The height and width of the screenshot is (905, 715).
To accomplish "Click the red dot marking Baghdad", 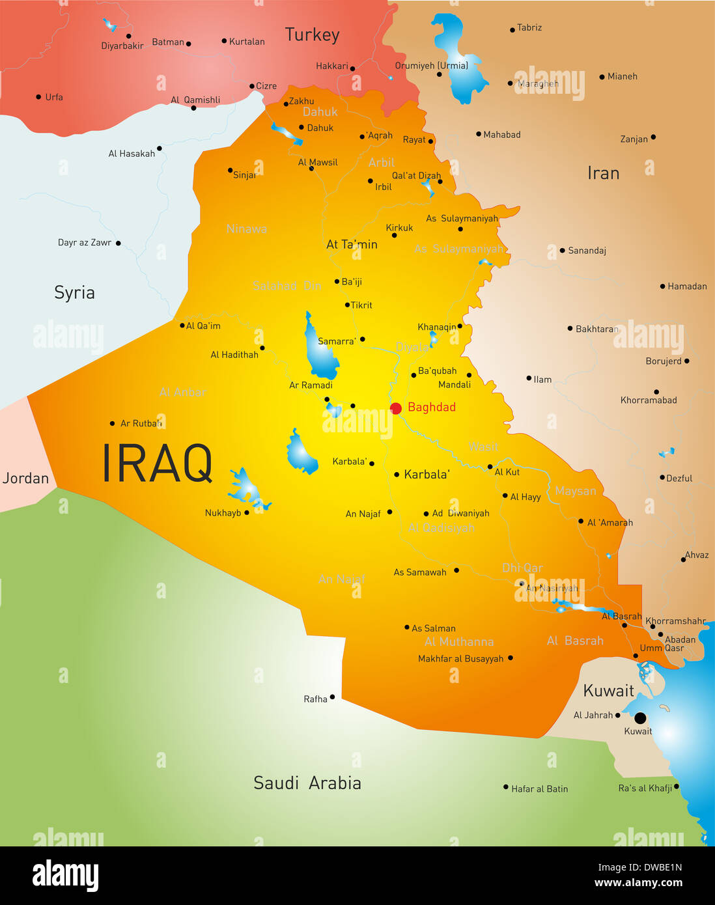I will (x=395, y=408).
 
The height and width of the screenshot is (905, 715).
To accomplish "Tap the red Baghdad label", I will (x=431, y=407).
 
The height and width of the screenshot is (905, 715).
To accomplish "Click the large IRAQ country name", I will (x=157, y=464).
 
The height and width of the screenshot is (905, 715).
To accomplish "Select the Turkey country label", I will (x=312, y=35).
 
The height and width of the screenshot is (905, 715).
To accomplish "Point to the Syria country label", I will (x=74, y=292).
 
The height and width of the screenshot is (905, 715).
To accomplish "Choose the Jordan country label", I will (x=25, y=478).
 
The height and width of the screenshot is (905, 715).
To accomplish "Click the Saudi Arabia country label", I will (x=307, y=783).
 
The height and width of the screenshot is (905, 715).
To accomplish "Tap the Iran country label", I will (x=603, y=173).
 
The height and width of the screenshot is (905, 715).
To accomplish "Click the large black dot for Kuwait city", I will (x=640, y=718).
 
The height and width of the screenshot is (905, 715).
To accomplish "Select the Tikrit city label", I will (x=361, y=305).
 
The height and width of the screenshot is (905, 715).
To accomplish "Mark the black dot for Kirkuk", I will (x=394, y=235).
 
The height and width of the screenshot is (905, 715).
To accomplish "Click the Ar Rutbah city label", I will (x=141, y=423).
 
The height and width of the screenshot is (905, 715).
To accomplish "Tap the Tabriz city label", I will (x=529, y=27).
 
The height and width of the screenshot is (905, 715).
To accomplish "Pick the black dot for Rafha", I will (x=332, y=697).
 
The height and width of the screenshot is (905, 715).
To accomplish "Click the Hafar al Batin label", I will (x=539, y=788).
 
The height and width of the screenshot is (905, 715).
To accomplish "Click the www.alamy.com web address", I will (x=638, y=883).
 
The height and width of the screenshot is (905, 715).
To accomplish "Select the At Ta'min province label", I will (x=352, y=244).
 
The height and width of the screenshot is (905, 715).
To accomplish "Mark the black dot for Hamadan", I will (x=662, y=286).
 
